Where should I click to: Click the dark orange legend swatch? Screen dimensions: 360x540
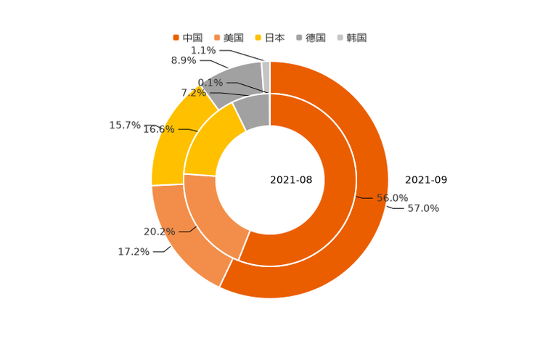pos(176,37)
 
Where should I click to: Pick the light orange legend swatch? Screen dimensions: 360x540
pos(216,37)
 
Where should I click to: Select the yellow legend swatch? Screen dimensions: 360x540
pos(258,37)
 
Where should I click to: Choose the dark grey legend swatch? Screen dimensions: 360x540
pos(298,37)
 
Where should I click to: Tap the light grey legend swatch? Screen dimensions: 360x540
pos(339,37)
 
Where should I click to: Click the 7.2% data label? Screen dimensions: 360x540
pos(192,93)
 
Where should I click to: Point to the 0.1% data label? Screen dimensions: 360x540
pos(210,83)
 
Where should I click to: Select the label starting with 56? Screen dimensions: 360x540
pos(393,197)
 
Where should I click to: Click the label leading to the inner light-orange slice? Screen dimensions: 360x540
pos(159,232)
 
